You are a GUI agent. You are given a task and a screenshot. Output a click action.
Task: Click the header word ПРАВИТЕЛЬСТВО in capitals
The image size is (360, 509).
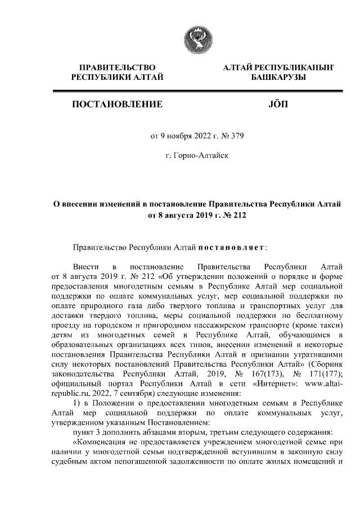click(117, 68)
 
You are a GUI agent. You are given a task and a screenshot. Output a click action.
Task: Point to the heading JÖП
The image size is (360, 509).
click(278, 104)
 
